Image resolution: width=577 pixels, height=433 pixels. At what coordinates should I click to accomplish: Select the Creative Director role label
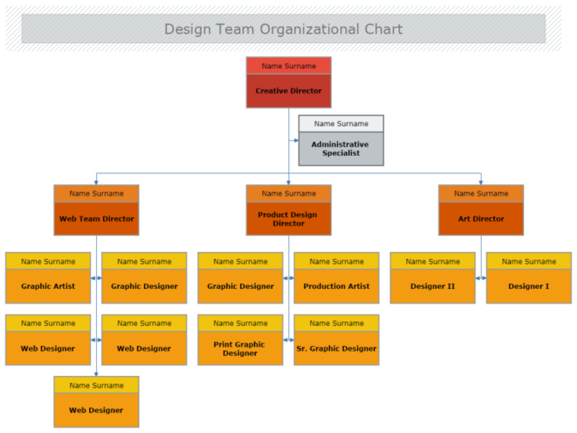click(288, 91)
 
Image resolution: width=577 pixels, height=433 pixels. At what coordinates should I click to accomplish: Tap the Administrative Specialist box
click(341, 149)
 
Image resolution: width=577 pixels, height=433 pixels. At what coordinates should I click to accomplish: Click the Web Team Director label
click(96, 219)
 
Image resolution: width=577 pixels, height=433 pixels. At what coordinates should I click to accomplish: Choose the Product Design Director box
click(288, 219)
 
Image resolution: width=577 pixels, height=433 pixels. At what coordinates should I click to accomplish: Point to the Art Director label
click(481, 219)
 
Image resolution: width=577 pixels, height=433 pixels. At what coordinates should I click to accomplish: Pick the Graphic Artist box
click(48, 286)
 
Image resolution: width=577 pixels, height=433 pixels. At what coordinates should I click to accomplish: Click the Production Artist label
click(337, 286)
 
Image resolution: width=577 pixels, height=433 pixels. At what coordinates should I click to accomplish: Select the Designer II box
click(433, 286)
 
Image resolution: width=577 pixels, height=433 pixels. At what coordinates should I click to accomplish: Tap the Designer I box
click(529, 286)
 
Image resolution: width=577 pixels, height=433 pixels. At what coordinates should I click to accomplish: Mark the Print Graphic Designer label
click(240, 349)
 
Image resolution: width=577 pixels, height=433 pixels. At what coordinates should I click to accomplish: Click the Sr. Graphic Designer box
click(337, 349)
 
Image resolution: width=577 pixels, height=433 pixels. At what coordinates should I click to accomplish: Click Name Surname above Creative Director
click(288, 66)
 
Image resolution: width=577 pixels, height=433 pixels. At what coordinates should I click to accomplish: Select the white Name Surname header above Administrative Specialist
click(341, 124)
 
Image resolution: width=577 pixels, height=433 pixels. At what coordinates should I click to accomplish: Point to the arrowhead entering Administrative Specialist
click(296, 140)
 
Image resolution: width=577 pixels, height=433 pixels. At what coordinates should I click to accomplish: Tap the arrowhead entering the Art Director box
click(481, 182)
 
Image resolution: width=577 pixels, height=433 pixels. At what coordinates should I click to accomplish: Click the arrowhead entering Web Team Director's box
click(96, 182)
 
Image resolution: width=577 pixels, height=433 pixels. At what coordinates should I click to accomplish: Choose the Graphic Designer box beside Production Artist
click(240, 286)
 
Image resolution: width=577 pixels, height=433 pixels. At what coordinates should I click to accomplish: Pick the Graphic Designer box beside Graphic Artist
click(144, 286)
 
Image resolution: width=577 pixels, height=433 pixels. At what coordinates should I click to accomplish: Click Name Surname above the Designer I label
click(529, 262)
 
